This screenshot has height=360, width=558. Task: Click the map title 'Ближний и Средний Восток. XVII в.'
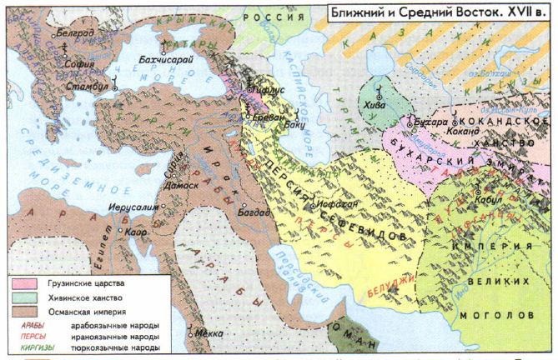coord(436,13)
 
